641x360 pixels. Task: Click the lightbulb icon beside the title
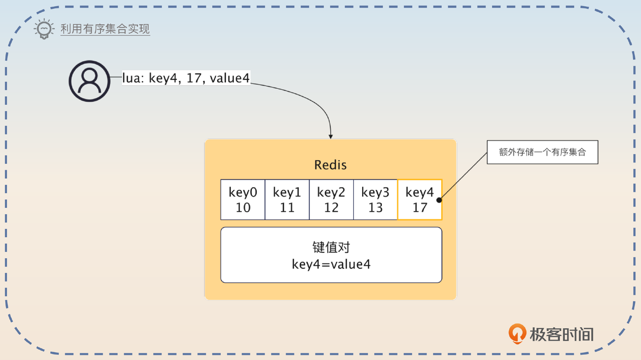44,29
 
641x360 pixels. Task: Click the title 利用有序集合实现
105,29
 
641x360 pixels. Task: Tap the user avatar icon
89,81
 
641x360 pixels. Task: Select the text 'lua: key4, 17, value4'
186,78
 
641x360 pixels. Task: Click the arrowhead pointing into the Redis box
331,136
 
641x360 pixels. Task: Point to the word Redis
330,165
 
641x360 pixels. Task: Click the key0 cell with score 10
243,200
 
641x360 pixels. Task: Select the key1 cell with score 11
287,200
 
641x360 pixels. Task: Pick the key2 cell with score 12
331,200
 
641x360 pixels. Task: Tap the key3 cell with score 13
375,200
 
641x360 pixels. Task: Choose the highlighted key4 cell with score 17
419,200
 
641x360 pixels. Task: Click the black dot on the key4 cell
439,200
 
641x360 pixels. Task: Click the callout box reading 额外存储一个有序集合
542,152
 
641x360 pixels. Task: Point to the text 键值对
331,247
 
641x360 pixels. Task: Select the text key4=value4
331,264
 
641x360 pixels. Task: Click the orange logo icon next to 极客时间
517,333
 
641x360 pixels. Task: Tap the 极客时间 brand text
562,334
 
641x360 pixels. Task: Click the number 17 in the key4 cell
420,208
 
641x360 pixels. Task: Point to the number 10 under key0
243,208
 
